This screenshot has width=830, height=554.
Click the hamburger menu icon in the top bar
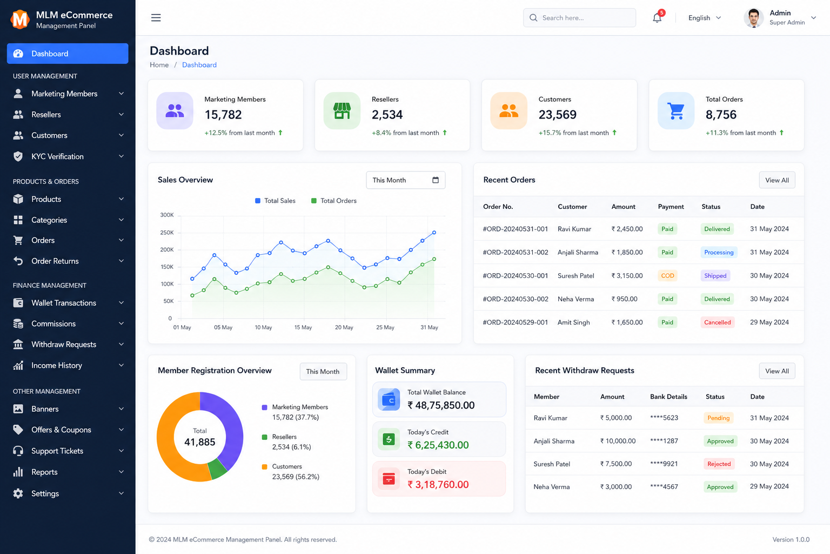pos(156,17)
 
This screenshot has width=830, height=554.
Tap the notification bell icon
pos(657,17)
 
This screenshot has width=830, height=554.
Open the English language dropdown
pos(705,18)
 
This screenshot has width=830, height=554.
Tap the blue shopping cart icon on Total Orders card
pos(676,110)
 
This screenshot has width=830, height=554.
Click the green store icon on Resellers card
pos(342,110)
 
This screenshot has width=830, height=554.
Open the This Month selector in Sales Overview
pos(406,180)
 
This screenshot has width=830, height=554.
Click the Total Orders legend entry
pos(333,201)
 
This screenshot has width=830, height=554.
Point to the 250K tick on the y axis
pos(167,233)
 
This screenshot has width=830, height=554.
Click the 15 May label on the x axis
pos(303,327)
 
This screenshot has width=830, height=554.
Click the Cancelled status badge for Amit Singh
pos(718,322)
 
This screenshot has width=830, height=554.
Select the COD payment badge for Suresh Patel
pos(667,276)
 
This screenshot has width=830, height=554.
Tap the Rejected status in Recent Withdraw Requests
pos(719,464)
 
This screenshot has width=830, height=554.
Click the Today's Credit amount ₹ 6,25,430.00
pos(438,445)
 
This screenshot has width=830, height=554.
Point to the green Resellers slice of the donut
pos(217,469)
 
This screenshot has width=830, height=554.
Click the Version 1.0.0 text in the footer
pos(791,539)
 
